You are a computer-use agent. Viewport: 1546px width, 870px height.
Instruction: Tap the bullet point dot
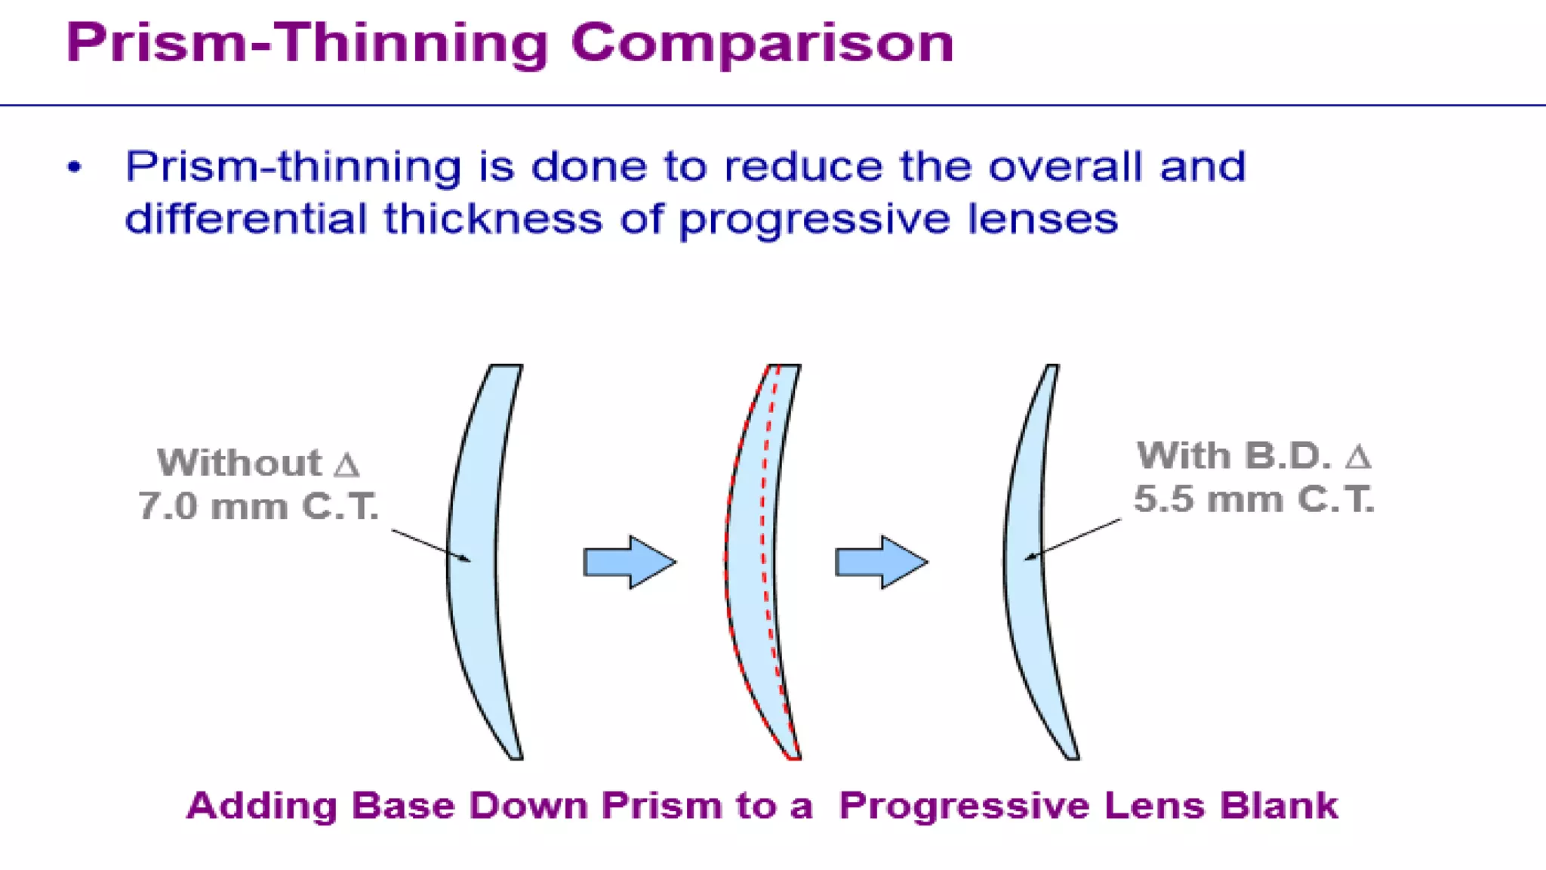(x=74, y=167)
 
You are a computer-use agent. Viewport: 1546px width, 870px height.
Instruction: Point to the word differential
(x=245, y=219)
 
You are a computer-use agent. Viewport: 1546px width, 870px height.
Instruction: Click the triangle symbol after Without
(x=346, y=464)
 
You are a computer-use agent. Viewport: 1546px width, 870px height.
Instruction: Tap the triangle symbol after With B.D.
(x=1357, y=456)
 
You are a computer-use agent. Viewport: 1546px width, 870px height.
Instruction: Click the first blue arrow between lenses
(x=629, y=562)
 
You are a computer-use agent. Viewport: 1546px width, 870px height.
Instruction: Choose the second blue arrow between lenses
(x=881, y=562)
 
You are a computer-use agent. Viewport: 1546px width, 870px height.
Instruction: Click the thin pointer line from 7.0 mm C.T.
(x=430, y=545)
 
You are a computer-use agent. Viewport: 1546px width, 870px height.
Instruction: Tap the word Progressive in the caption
(x=963, y=806)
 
